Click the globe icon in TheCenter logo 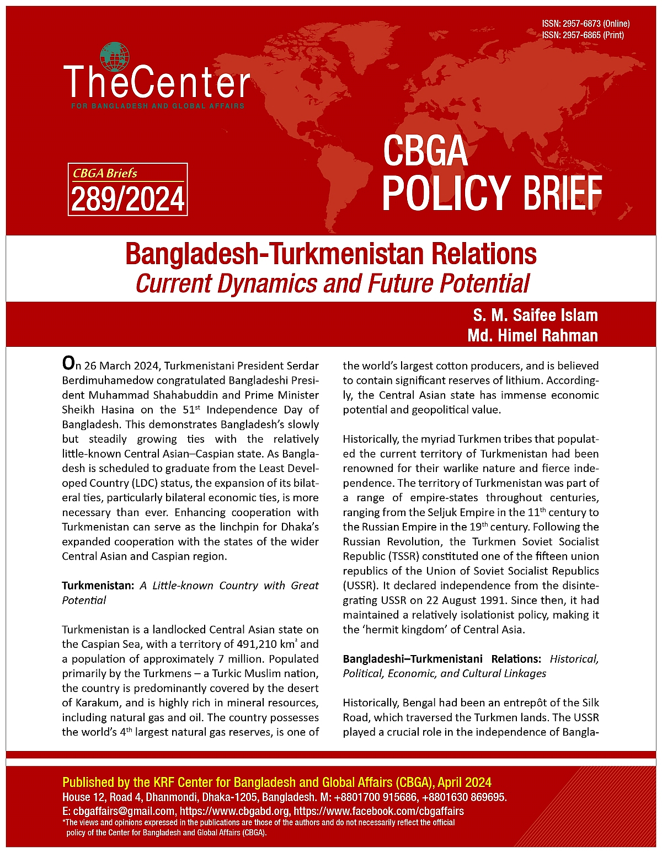115,57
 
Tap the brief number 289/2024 127,199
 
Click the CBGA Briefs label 105,173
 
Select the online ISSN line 585,24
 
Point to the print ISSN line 583,35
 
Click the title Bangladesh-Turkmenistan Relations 330,254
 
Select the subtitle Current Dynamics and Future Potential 332,283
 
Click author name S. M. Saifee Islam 535,315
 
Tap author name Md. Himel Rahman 532,335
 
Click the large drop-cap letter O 68,363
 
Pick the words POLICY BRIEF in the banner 492,193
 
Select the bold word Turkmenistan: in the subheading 98,586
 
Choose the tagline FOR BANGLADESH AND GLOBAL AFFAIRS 158,105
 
